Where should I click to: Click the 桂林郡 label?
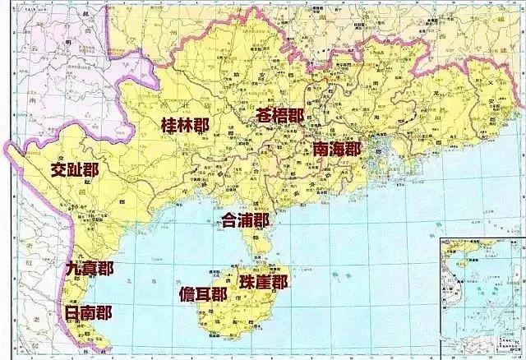185,125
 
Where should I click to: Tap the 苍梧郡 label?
279,115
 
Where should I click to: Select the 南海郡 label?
337,149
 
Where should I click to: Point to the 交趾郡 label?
74,170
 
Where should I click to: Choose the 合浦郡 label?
246,220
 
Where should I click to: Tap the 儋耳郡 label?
204,294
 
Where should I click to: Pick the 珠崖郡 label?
264,282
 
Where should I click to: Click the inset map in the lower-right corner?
482,296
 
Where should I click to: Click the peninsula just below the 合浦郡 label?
261,243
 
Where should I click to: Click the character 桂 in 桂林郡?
169,125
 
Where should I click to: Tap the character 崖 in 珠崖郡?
264,282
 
